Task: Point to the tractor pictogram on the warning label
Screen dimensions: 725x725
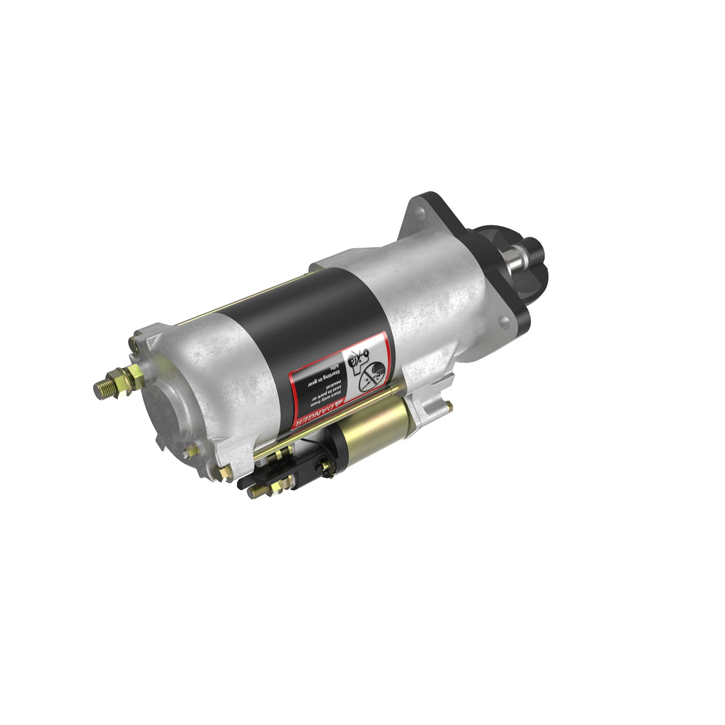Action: pyautogui.click(x=357, y=360)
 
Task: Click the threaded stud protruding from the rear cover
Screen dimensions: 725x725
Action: pyautogui.click(x=106, y=387)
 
